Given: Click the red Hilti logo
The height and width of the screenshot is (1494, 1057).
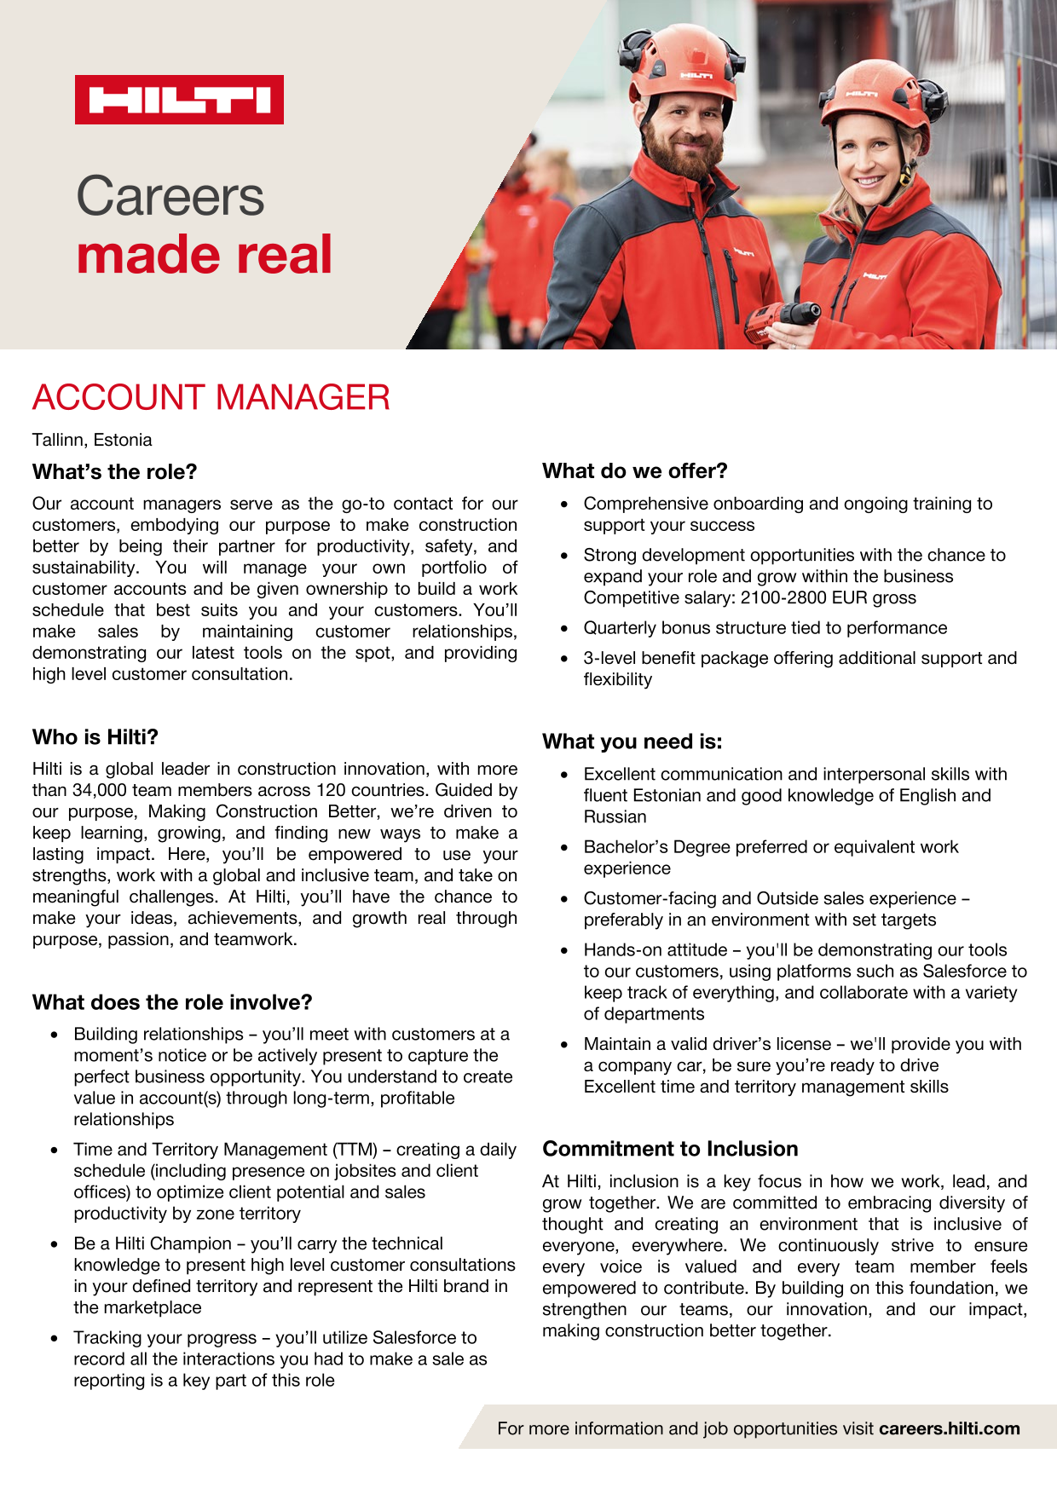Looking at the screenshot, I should coord(179,100).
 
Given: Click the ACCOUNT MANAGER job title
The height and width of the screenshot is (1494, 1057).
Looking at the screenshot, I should coord(211,398).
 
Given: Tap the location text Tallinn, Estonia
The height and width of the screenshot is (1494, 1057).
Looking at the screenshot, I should coord(92,441).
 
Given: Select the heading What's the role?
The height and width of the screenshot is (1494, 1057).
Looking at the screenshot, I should coord(115,472).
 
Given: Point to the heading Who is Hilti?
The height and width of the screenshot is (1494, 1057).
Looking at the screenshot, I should coord(95,737).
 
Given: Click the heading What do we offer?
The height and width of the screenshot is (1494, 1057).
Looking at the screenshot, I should coord(635,471).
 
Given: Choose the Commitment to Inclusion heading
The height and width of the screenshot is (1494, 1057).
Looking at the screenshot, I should coord(670,1149).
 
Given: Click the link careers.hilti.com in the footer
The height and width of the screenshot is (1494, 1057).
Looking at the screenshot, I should coord(949,1429).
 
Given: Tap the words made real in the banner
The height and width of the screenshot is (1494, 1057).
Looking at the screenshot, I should coord(205,255).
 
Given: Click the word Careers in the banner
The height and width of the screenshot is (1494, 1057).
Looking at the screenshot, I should coord(170,196).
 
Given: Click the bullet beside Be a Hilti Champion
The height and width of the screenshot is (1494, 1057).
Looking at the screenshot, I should coord(55,1244).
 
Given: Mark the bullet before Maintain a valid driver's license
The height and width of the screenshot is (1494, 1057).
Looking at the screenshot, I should coord(564,1045).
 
